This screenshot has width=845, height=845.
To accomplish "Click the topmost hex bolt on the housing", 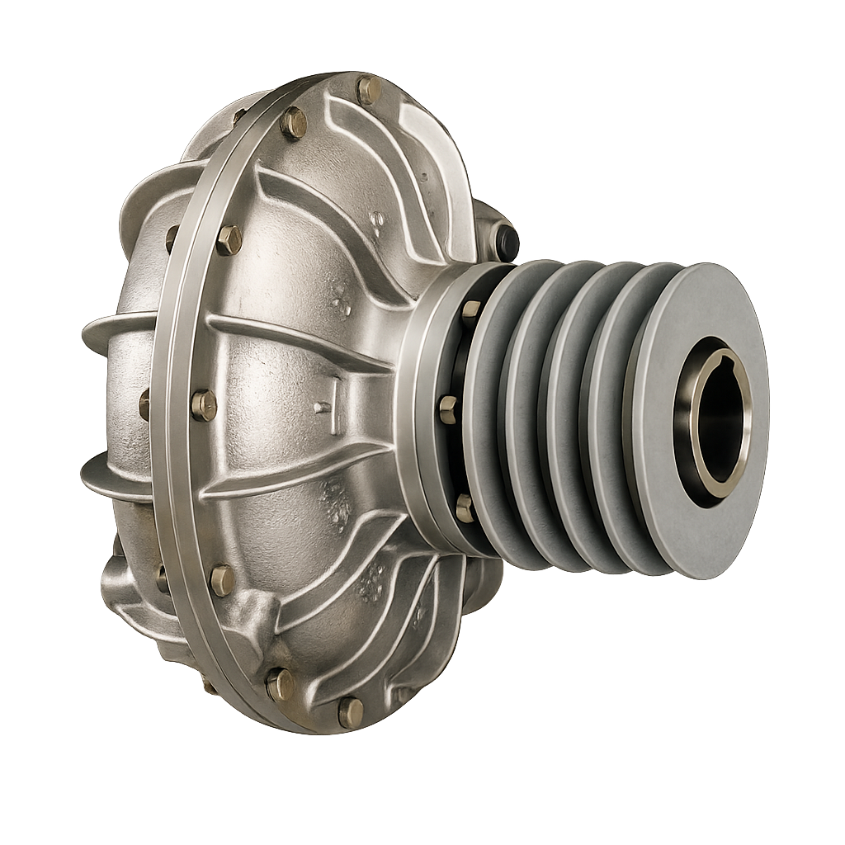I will point(368,88).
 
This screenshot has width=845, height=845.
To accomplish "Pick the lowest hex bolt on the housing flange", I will point(351,710).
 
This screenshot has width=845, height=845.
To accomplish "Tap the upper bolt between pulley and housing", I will point(470,310).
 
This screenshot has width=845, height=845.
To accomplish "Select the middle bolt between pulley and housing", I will point(448,408).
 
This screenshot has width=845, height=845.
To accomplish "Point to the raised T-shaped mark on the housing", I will point(324,396).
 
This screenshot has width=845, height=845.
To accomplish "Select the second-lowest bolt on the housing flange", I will point(281,683).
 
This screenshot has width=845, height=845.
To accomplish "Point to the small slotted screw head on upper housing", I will point(377,220).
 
